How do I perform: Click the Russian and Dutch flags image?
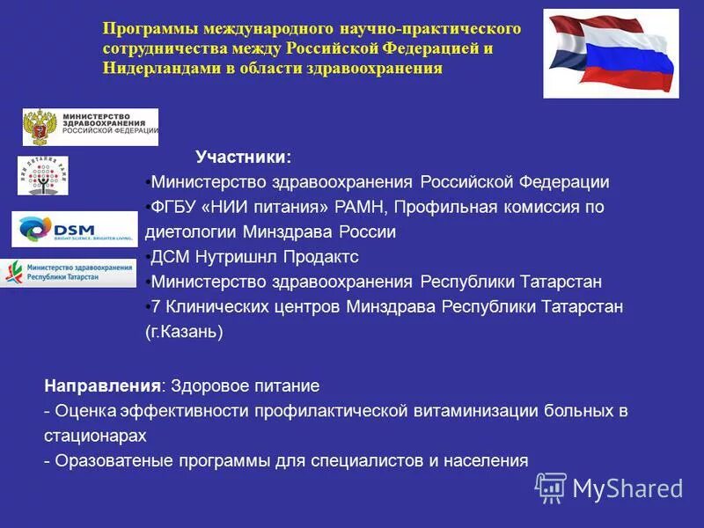(611, 53)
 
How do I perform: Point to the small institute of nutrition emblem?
(42, 175)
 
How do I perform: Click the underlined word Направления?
(103, 385)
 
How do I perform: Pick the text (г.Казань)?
(184, 332)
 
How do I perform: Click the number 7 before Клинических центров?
(156, 307)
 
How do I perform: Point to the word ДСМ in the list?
(169, 257)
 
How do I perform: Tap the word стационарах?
(95, 435)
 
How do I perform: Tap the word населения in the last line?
(487, 459)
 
